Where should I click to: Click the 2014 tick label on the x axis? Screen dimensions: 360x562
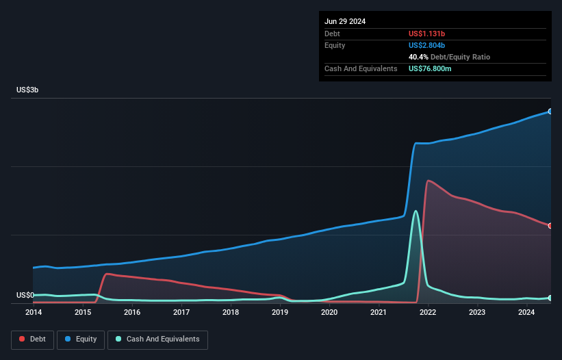click(x=34, y=313)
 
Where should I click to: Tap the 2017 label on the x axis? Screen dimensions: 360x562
click(x=181, y=313)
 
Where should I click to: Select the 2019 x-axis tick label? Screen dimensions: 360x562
click(x=280, y=313)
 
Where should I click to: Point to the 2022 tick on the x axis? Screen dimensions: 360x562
click(x=428, y=313)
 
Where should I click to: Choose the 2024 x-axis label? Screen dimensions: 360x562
click(x=526, y=313)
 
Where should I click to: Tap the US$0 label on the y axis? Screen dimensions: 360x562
click(x=25, y=295)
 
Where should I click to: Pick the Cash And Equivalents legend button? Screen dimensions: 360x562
click(x=157, y=339)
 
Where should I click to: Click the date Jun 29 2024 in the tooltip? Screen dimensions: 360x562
click(x=345, y=21)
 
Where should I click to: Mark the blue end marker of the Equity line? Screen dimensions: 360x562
click(x=550, y=111)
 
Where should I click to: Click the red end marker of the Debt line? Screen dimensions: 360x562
click(x=550, y=226)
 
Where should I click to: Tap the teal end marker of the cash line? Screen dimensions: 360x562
click(x=550, y=298)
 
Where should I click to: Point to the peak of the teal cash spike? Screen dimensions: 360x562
click(x=415, y=211)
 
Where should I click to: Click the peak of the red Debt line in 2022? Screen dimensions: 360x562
click(x=428, y=181)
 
